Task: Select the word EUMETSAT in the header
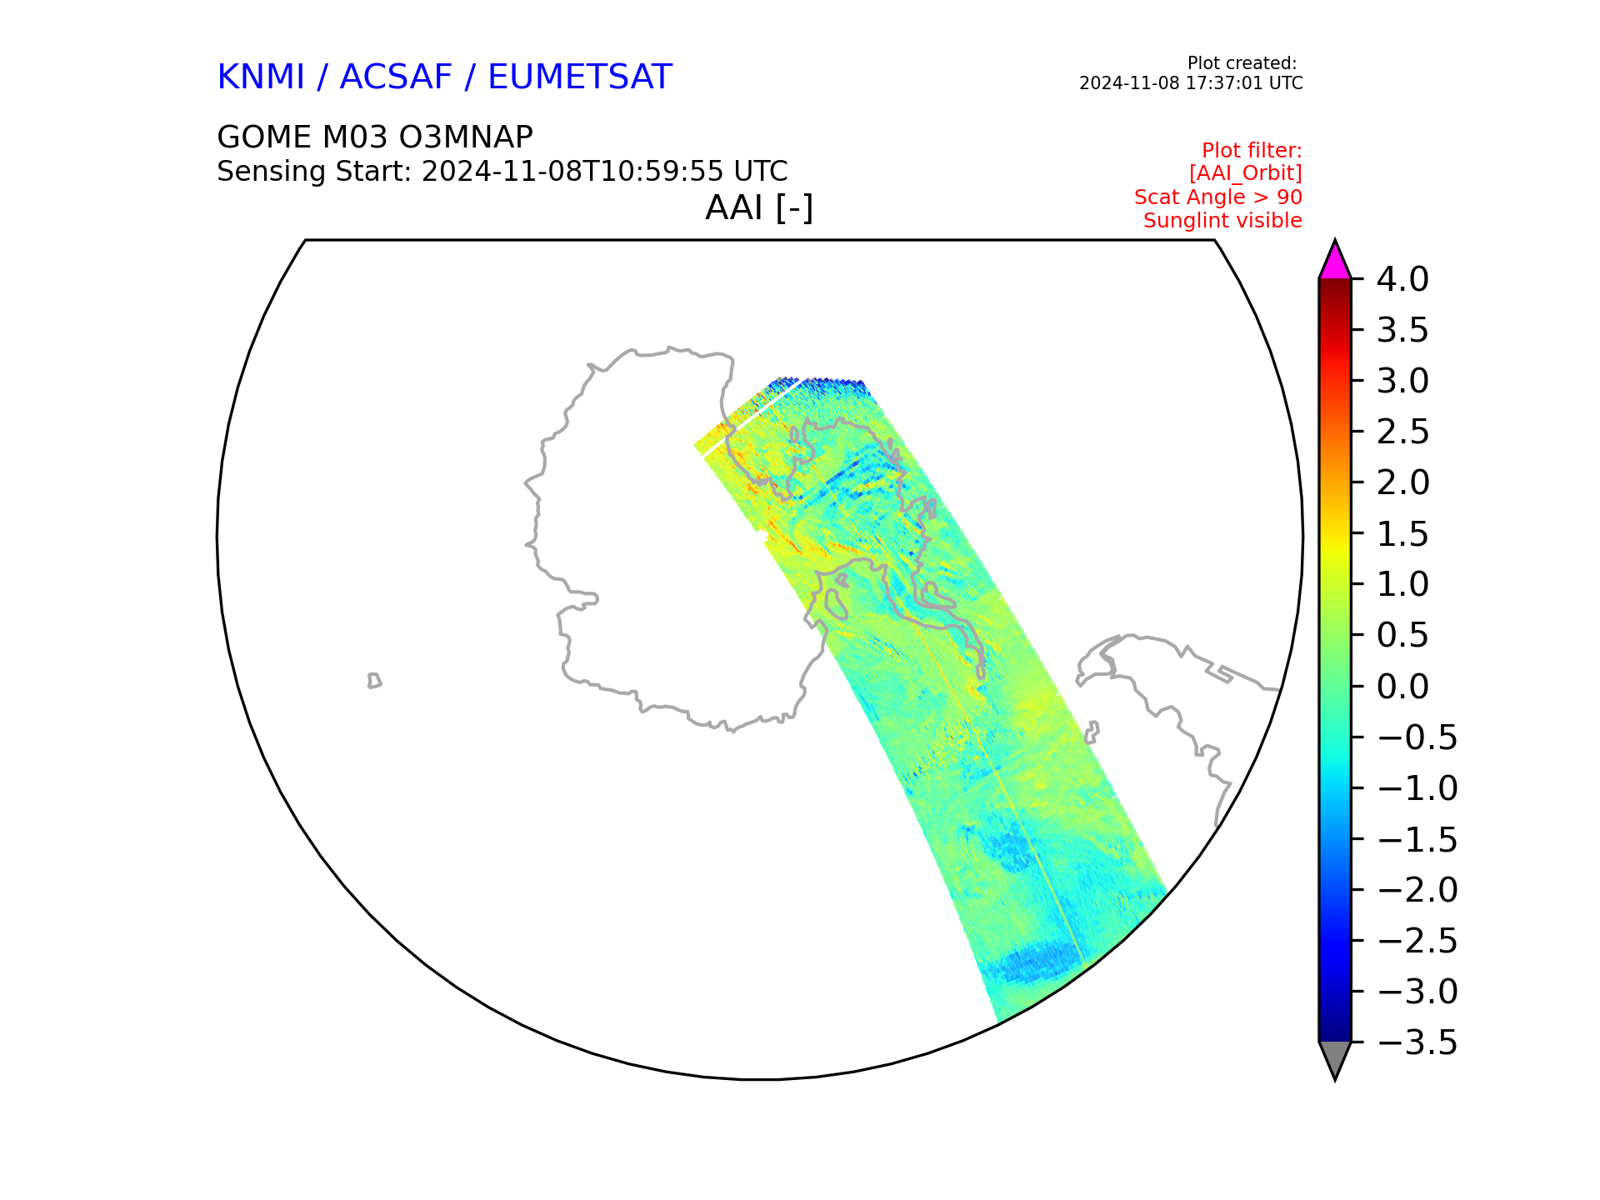(579, 77)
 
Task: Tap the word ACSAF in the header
(396, 77)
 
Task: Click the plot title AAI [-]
(759, 207)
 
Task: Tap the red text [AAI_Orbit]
(1245, 173)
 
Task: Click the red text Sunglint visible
(1222, 221)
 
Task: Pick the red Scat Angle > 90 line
(1217, 197)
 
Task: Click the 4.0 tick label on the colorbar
(1402, 279)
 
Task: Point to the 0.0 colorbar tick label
(1402, 687)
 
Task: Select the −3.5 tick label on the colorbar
(1417, 1042)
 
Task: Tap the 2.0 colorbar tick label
(1402, 482)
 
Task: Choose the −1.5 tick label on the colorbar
(1417, 839)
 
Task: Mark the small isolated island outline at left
(374, 681)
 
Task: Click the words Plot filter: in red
(1252, 151)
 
